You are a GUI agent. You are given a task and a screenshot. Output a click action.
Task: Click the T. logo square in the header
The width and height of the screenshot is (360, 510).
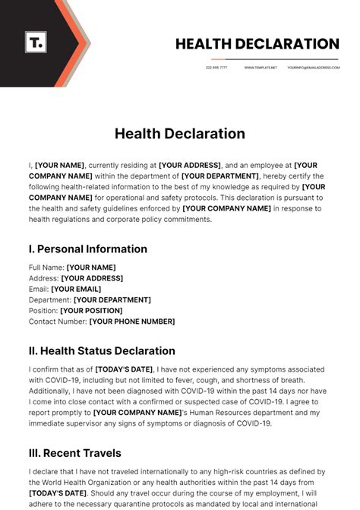coord(36,42)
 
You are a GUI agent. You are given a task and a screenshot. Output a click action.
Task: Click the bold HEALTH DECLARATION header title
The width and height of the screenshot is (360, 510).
coord(257,44)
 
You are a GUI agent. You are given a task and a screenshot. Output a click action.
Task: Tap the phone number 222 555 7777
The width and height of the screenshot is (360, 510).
coord(216,68)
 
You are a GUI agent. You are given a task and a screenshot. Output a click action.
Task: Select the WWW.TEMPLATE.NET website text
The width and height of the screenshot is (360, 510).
coord(261,68)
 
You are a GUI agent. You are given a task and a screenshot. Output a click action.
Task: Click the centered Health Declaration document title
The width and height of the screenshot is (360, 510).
coord(180,134)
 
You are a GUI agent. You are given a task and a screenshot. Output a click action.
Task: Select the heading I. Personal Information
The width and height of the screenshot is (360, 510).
coord(88,249)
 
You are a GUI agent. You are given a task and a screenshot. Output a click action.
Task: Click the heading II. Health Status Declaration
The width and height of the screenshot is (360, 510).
coord(102,351)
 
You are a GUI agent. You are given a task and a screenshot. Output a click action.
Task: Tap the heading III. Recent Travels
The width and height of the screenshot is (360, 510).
coord(74,453)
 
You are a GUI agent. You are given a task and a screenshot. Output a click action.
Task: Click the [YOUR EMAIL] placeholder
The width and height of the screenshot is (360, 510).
coord(75,289)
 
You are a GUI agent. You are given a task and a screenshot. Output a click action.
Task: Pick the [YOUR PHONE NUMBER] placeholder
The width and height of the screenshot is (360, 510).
coord(132,322)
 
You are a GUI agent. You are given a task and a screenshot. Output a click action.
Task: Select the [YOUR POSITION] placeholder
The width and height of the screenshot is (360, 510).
coord(91,311)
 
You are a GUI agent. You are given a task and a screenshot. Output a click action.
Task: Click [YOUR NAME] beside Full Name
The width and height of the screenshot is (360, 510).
coord(91,268)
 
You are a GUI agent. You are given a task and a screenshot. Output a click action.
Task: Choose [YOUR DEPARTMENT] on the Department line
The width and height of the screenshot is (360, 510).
coord(112,300)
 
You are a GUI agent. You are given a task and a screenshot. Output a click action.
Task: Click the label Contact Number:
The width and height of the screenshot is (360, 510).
coord(58,322)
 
